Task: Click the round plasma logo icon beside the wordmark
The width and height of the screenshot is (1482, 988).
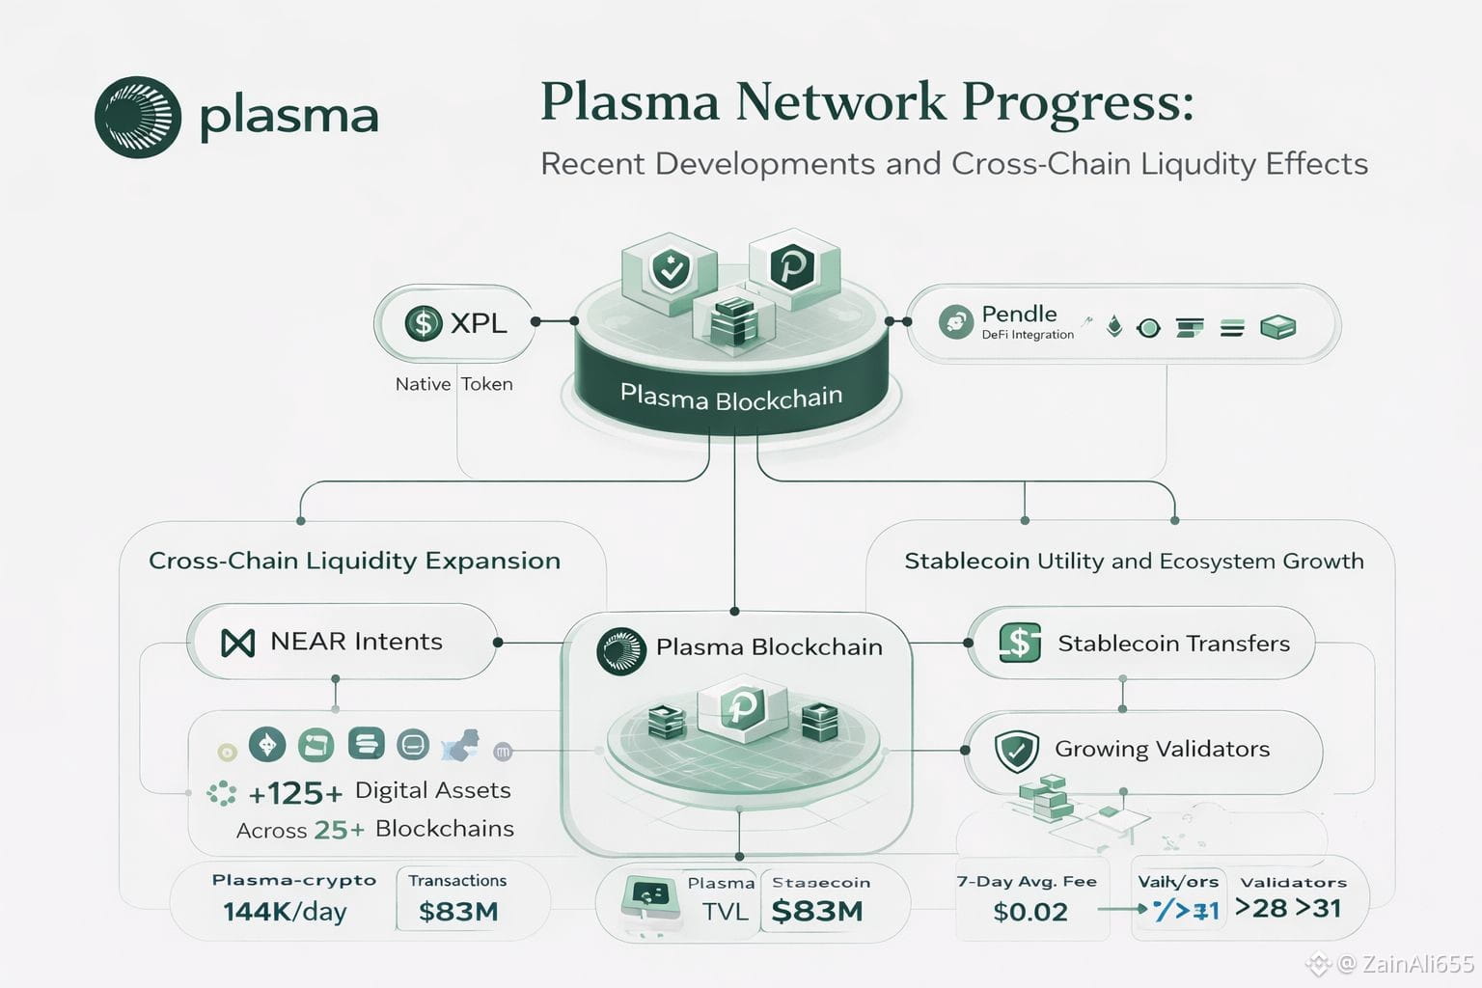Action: tap(138, 117)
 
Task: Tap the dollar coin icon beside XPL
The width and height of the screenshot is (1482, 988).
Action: tap(423, 322)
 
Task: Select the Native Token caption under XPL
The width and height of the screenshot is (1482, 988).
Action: tap(453, 384)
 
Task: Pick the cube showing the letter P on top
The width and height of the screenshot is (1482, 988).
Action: tap(794, 265)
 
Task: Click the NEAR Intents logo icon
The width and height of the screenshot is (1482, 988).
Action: tap(237, 643)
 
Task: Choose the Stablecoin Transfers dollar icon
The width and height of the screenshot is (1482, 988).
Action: tap(1020, 643)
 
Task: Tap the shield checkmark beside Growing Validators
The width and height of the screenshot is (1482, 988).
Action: tap(1016, 751)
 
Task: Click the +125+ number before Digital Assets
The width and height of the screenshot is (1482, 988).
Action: tap(295, 793)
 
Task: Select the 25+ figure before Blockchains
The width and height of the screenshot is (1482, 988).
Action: tap(339, 830)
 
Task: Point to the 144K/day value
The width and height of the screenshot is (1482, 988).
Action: tap(285, 912)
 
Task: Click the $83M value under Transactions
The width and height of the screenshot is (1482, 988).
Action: tap(458, 912)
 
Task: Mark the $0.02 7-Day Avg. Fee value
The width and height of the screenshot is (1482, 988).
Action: tap(1030, 912)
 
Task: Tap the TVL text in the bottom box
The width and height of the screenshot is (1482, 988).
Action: tap(725, 912)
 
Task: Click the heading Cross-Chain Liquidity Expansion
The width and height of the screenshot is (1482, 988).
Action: tap(354, 562)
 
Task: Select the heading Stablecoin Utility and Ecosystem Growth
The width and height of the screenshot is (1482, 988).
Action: tap(1134, 562)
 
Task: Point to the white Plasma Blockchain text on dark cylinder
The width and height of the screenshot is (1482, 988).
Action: tap(730, 397)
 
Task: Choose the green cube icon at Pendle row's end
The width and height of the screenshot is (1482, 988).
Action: tap(1277, 328)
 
